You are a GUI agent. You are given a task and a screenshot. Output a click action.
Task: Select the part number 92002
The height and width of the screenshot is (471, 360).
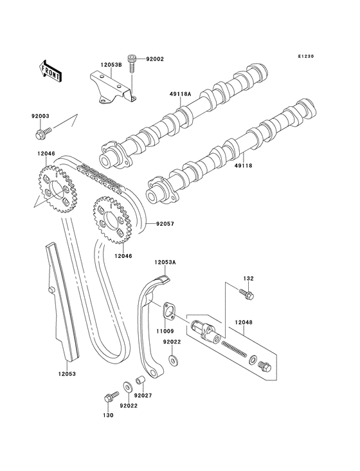click(156, 59)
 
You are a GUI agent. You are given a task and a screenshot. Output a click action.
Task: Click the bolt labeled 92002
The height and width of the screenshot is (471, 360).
click(132, 62)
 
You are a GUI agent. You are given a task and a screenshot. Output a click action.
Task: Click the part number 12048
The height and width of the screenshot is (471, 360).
click(244, 322)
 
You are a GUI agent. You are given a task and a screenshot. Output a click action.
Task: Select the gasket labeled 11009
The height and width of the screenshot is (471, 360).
click(168, 309)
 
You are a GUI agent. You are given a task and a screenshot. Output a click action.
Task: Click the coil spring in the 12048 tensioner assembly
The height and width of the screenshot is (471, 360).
click(235, 350)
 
